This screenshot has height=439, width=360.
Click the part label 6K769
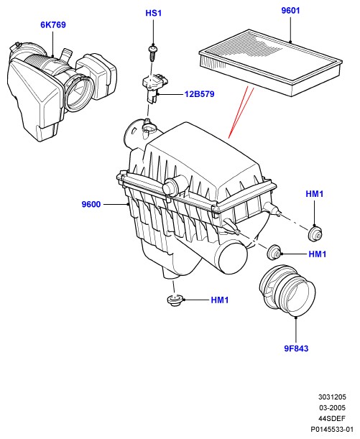tap(53, 24)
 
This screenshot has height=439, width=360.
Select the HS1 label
tap(153, 13)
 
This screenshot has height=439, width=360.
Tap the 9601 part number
tap(290, 10)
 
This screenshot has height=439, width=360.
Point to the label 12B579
tap(199, 94)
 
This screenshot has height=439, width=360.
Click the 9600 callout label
tap(91, 204)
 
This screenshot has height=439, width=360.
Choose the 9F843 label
tap(296, 348)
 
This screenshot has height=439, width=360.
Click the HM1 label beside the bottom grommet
tap(220, 300)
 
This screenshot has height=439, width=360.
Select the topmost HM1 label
tap(314, 194)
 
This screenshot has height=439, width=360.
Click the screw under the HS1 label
tap(153, 54)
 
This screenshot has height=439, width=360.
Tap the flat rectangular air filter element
tap(270, 63)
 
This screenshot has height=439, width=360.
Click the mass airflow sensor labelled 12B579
tap(152, 87)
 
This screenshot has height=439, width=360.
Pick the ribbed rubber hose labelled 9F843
tap(287, 291)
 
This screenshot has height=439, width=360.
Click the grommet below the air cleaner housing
tap(175, 300)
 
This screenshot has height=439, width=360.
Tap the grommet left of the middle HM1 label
tap(274, 252)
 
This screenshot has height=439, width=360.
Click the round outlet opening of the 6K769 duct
tap(79, 93)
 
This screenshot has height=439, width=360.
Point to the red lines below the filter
tap(241, 113)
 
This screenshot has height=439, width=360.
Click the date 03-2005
tap(332, 407)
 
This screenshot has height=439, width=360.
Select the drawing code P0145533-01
tap(332, 429)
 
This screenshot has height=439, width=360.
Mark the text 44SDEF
tap(332, 419)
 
